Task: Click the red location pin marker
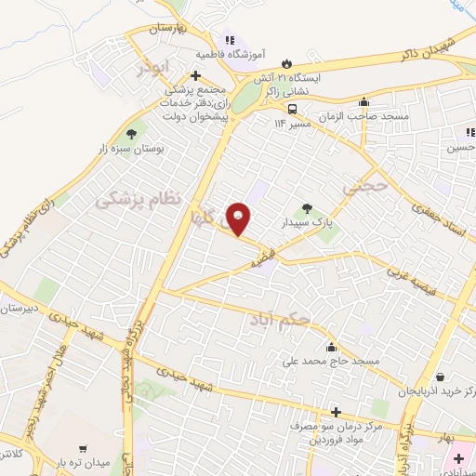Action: tap(241, 219)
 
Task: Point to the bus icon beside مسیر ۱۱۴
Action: tap(293, 106)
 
